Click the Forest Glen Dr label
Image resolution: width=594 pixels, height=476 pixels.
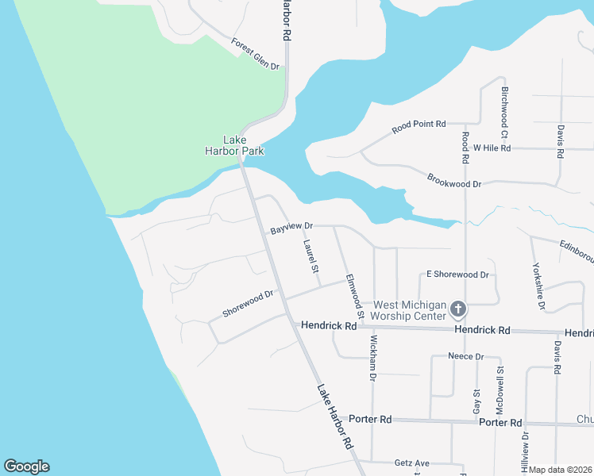click(x=256, y=54)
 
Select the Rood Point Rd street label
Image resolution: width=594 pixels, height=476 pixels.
click(x=419, y=126)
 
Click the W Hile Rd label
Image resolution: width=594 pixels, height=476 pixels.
click(x=492, y=148)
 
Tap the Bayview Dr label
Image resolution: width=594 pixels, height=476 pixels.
click(x=291, y=228)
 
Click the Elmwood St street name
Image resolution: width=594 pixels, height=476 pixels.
click(x=354, y=296)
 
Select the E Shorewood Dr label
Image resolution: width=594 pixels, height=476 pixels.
click(x=457, y=274)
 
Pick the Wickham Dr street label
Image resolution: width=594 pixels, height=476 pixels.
click(x=372, y=358)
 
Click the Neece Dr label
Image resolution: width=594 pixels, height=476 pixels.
click(x=465, y=356)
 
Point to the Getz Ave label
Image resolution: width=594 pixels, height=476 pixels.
click(x=411, y=463)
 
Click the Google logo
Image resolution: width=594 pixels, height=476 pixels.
click(x=26, y=466)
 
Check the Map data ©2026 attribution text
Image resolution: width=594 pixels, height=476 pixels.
click(x=560, y=470)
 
